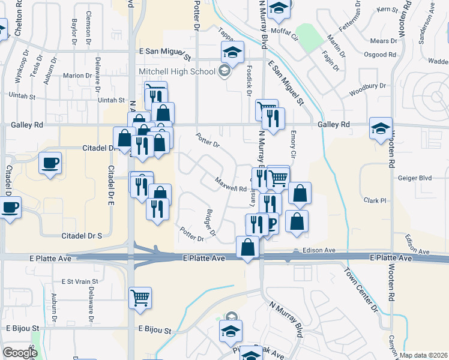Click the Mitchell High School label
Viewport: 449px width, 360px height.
pos(176,72)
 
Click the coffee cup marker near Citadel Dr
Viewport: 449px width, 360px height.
pos(50,163)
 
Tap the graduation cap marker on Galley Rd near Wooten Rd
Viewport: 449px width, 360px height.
pos(381,128)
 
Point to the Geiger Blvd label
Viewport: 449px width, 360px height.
pos(415,178)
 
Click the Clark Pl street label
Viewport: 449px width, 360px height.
pos(375,200)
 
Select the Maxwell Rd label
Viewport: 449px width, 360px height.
pos(231,184)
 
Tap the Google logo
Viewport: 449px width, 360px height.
pos(20,353)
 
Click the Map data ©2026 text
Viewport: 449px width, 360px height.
pos(424,355)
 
